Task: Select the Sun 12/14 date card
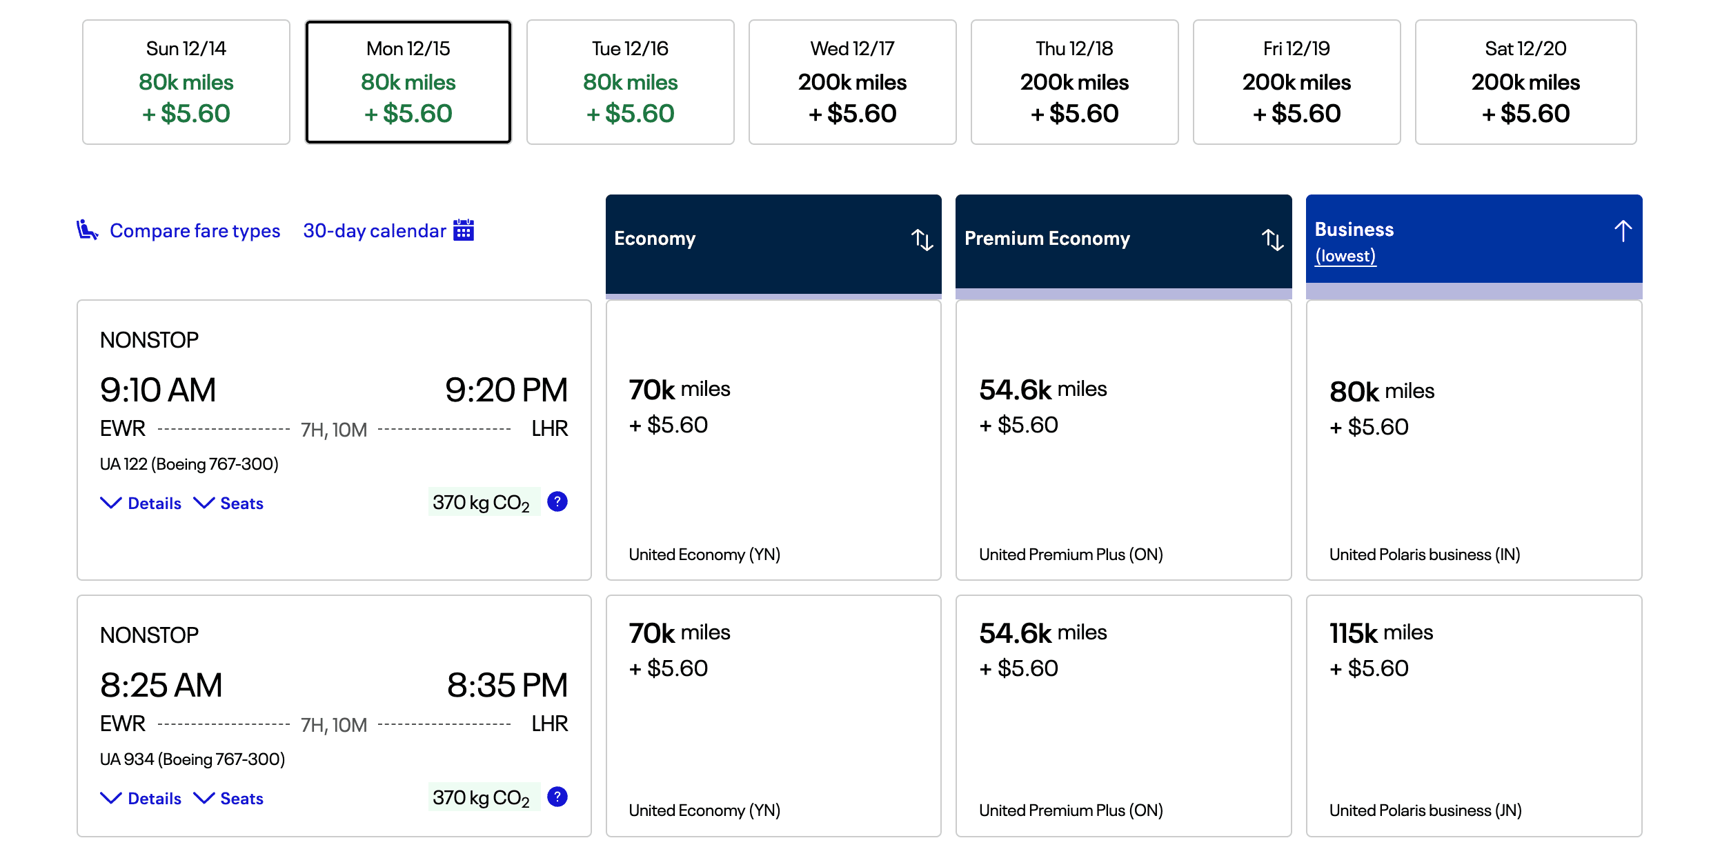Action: [186, 82]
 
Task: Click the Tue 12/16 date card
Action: [630, 82]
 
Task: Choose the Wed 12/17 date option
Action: [852, 82]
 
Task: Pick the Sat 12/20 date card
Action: [1525, 82]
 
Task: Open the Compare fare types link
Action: [195, 230]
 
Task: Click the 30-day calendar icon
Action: [464, 230]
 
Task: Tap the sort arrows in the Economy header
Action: [922, 239]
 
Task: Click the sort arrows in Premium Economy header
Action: [1272, 239]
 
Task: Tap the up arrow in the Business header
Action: [1623, 230]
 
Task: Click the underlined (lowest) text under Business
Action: [1345, 256]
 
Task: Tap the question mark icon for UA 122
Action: [557, 501]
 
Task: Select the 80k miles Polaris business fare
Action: [1474, 440]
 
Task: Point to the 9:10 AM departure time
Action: [158, 390]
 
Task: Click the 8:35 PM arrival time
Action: [507, 685]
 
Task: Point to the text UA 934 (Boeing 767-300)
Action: [192, 759]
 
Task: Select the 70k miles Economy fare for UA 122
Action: [773, 440]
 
